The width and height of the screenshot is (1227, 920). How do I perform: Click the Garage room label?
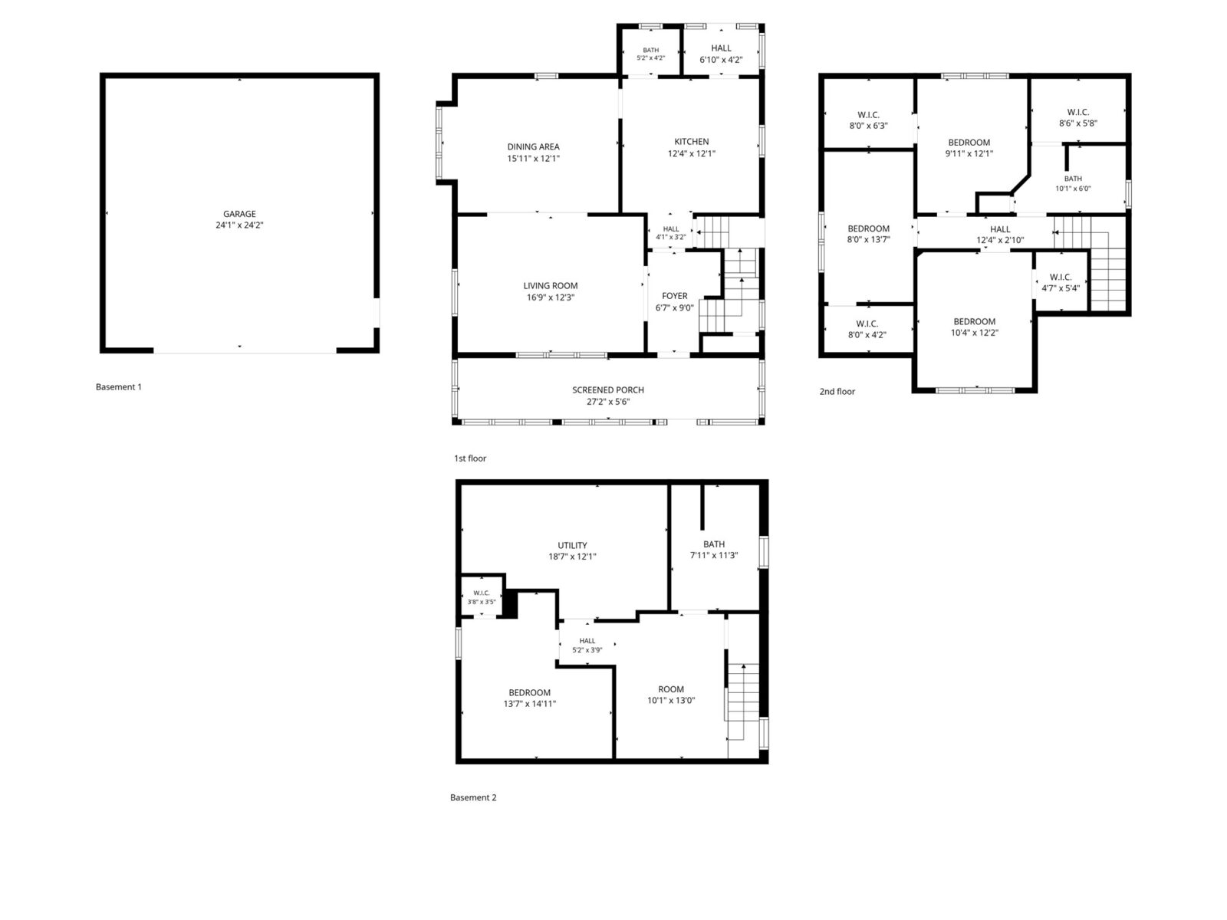[239, 214]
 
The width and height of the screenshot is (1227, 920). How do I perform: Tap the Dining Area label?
[533, 147]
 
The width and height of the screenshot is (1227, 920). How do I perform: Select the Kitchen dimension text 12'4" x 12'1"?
[692, 153]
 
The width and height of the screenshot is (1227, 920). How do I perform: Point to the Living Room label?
[551, 286]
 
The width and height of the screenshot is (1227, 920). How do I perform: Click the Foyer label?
[675, 296]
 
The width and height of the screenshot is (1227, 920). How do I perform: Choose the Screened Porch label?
[608, 390]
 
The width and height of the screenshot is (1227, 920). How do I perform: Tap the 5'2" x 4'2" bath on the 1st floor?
[650, 54]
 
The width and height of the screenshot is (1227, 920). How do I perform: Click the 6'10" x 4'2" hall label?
[721, 54]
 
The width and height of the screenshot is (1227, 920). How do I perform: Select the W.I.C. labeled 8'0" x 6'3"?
[868, 120]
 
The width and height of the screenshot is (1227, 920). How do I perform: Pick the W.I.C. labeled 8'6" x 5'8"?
[1077, 118]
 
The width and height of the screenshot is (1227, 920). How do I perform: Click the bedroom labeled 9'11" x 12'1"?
[969, 148]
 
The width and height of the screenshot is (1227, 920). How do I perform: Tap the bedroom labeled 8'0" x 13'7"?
[868, 234]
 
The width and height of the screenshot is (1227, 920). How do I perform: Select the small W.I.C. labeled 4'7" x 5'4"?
[1061, 283]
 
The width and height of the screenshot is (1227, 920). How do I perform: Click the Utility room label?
[572, 546]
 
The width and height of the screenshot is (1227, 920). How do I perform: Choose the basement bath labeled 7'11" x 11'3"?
[714, 550]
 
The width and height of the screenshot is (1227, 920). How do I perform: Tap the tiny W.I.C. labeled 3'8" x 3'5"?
[482, 597]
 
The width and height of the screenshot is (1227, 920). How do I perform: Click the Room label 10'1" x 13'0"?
[671, 695]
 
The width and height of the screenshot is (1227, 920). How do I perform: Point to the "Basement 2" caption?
[473, 797]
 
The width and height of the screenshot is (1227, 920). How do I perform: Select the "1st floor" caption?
[469, 458]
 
